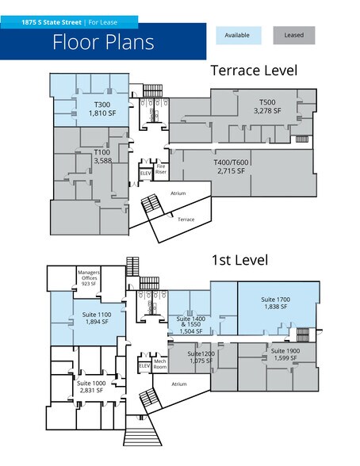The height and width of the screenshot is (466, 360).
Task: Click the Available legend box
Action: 239,36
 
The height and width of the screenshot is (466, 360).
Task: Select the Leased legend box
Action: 294,36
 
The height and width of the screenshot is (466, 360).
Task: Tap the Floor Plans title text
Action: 103,42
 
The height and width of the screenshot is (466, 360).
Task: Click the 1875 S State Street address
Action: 51,22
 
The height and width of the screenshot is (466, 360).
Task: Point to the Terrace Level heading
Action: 254,71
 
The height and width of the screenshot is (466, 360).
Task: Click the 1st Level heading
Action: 239,260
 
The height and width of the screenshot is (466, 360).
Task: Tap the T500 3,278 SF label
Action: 267,106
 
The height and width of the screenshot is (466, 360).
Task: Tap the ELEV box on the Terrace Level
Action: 146,174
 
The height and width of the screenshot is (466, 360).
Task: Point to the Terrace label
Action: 186,220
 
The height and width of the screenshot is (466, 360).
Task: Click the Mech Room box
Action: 160,365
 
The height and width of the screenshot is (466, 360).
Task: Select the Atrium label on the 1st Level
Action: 179,384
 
